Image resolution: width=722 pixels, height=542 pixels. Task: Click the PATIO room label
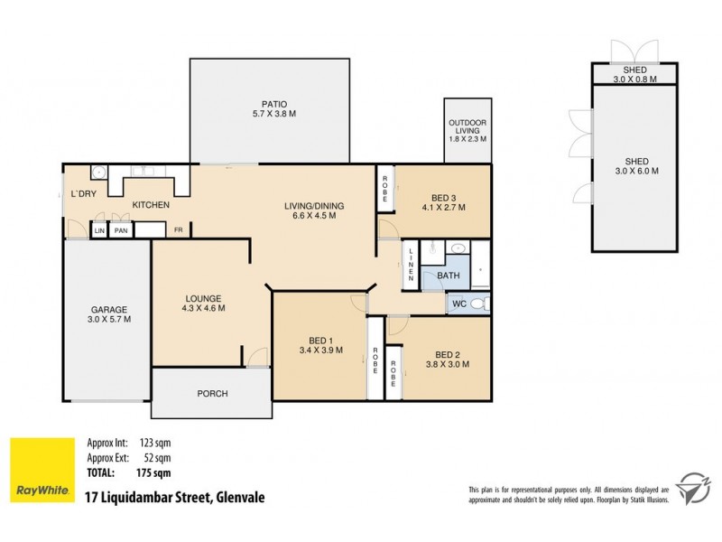[268, 104]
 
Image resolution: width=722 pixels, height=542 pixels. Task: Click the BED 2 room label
[447, 354]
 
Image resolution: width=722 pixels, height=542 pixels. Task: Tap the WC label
[458, 304]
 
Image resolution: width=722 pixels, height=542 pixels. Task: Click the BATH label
[449, 275]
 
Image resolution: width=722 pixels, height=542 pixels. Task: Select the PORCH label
[211, 394]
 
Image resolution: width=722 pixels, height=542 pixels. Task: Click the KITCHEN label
[151, 206]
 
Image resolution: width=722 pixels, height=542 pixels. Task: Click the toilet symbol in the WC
[482, 304]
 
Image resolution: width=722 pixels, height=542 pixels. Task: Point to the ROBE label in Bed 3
[384, 188]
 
